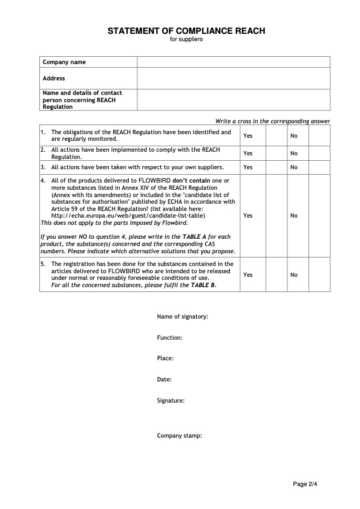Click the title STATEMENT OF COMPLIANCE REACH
186,31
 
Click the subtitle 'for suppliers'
186,39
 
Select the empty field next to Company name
234,62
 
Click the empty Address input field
234,78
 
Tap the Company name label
64,62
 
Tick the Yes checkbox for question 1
276,135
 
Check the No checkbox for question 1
319,135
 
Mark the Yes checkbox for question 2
276,153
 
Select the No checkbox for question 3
319,167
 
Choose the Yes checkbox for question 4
276,215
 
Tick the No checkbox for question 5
319,274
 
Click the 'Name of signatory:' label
183,317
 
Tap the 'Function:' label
170,338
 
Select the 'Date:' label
165,380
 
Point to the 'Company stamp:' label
180,435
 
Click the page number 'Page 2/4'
305,484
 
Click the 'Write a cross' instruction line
272,122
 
